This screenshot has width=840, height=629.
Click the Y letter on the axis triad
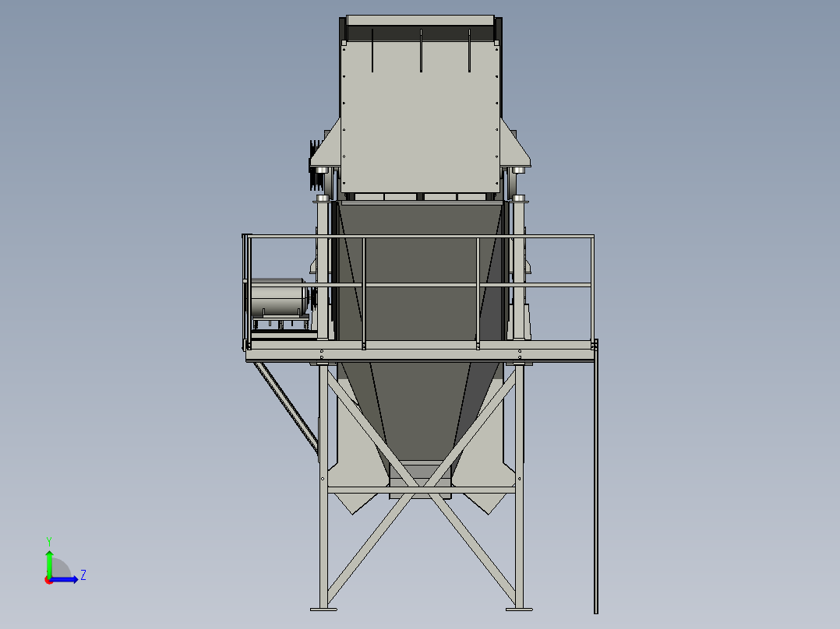[49, 540]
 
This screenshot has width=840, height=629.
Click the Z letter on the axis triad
[83, 575]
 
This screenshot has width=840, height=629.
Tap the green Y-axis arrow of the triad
[49, 560]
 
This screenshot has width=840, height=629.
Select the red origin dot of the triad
[48, 580]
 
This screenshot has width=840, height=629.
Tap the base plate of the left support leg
[323, 608]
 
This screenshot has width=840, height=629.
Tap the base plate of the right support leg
[519, 608]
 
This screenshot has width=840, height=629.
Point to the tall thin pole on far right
[596, 483]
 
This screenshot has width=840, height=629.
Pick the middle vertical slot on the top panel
[421, 51]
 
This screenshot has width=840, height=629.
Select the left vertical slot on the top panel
[372, 51]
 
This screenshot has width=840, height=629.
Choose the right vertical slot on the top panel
[469, 51]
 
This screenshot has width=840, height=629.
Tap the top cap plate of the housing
[421, 19]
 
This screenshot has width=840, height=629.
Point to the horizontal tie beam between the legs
[421, 489]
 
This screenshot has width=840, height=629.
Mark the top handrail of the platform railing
[421, 236]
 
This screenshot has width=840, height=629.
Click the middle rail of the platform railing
[421, 286]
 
